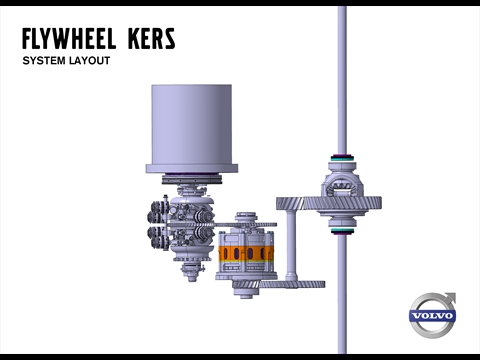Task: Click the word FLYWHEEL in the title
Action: pos(69,39)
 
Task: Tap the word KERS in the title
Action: pos(151,39)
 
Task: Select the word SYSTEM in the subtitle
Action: pos(44,61)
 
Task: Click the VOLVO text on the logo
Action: pos(432,316)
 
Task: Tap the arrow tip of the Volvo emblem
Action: pos(455,294)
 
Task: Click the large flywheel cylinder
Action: pos(192,124)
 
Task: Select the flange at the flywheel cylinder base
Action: pos(192,168)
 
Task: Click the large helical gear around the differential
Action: pos(329,203)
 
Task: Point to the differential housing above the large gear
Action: pos(342,183)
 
